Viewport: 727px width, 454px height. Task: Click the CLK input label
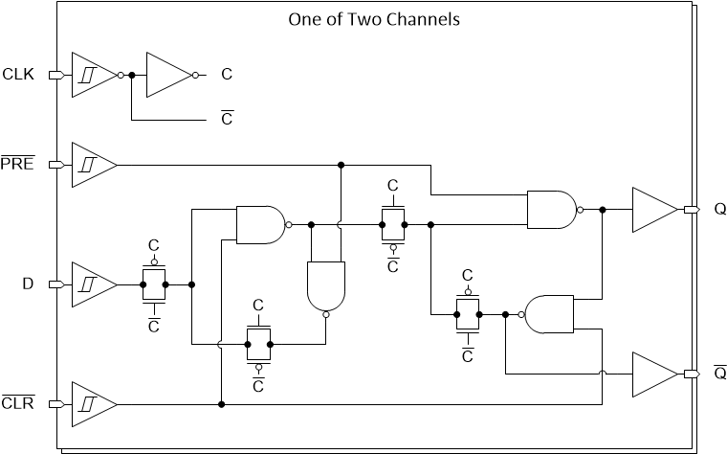click(18, 74)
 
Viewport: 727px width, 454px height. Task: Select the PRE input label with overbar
click(17, 165)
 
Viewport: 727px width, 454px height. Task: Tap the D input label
click(29, 284)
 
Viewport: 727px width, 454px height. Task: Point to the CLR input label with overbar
click(17, 404)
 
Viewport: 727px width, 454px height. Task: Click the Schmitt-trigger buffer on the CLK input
click(92, 74)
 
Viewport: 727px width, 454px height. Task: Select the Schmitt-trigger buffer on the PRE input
click(92, 165)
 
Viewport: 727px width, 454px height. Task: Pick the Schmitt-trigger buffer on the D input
click(92, 284)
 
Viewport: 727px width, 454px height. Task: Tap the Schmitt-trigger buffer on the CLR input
click(92, 404)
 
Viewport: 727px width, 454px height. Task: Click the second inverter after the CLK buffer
click(168, 74)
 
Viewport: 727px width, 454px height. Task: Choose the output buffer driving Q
click(652, 210)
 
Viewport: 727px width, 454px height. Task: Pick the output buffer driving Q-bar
click(652, 374)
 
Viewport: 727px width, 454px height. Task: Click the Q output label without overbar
click(719, 210)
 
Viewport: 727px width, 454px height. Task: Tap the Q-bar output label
click(719, 372)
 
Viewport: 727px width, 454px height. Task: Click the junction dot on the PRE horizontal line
click(341, 165)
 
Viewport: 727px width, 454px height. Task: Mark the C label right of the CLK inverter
click(227, 74)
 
